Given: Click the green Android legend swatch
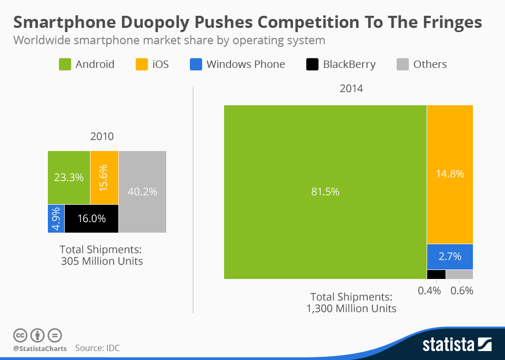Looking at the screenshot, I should pos(65,64).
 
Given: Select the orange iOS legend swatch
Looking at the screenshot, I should pos(142,64).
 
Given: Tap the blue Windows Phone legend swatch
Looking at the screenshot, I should pos(196,64).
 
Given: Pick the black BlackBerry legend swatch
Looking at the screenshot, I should pos(312,64).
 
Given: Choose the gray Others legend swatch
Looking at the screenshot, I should pos(402,64).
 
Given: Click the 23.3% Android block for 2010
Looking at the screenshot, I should pos(69,177).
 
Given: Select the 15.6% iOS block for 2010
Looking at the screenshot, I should pos(104,177).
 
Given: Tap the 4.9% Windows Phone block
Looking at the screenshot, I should pos(56,218).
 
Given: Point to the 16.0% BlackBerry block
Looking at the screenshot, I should pos(92,218).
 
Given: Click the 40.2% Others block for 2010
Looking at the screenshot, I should pos(143,192).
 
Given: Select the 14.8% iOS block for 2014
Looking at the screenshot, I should pos(450,174).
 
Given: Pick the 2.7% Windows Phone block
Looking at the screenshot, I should pos(450,256).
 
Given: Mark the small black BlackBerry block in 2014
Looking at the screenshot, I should pos(436,274).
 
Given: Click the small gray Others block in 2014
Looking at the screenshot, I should pos(459,274).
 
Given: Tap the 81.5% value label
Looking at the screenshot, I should pos(325,192).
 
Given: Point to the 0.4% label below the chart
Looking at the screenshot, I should pos(429,290).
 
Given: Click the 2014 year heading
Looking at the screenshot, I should pos(351,88).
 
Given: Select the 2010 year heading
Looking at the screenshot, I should pos(102,136).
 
